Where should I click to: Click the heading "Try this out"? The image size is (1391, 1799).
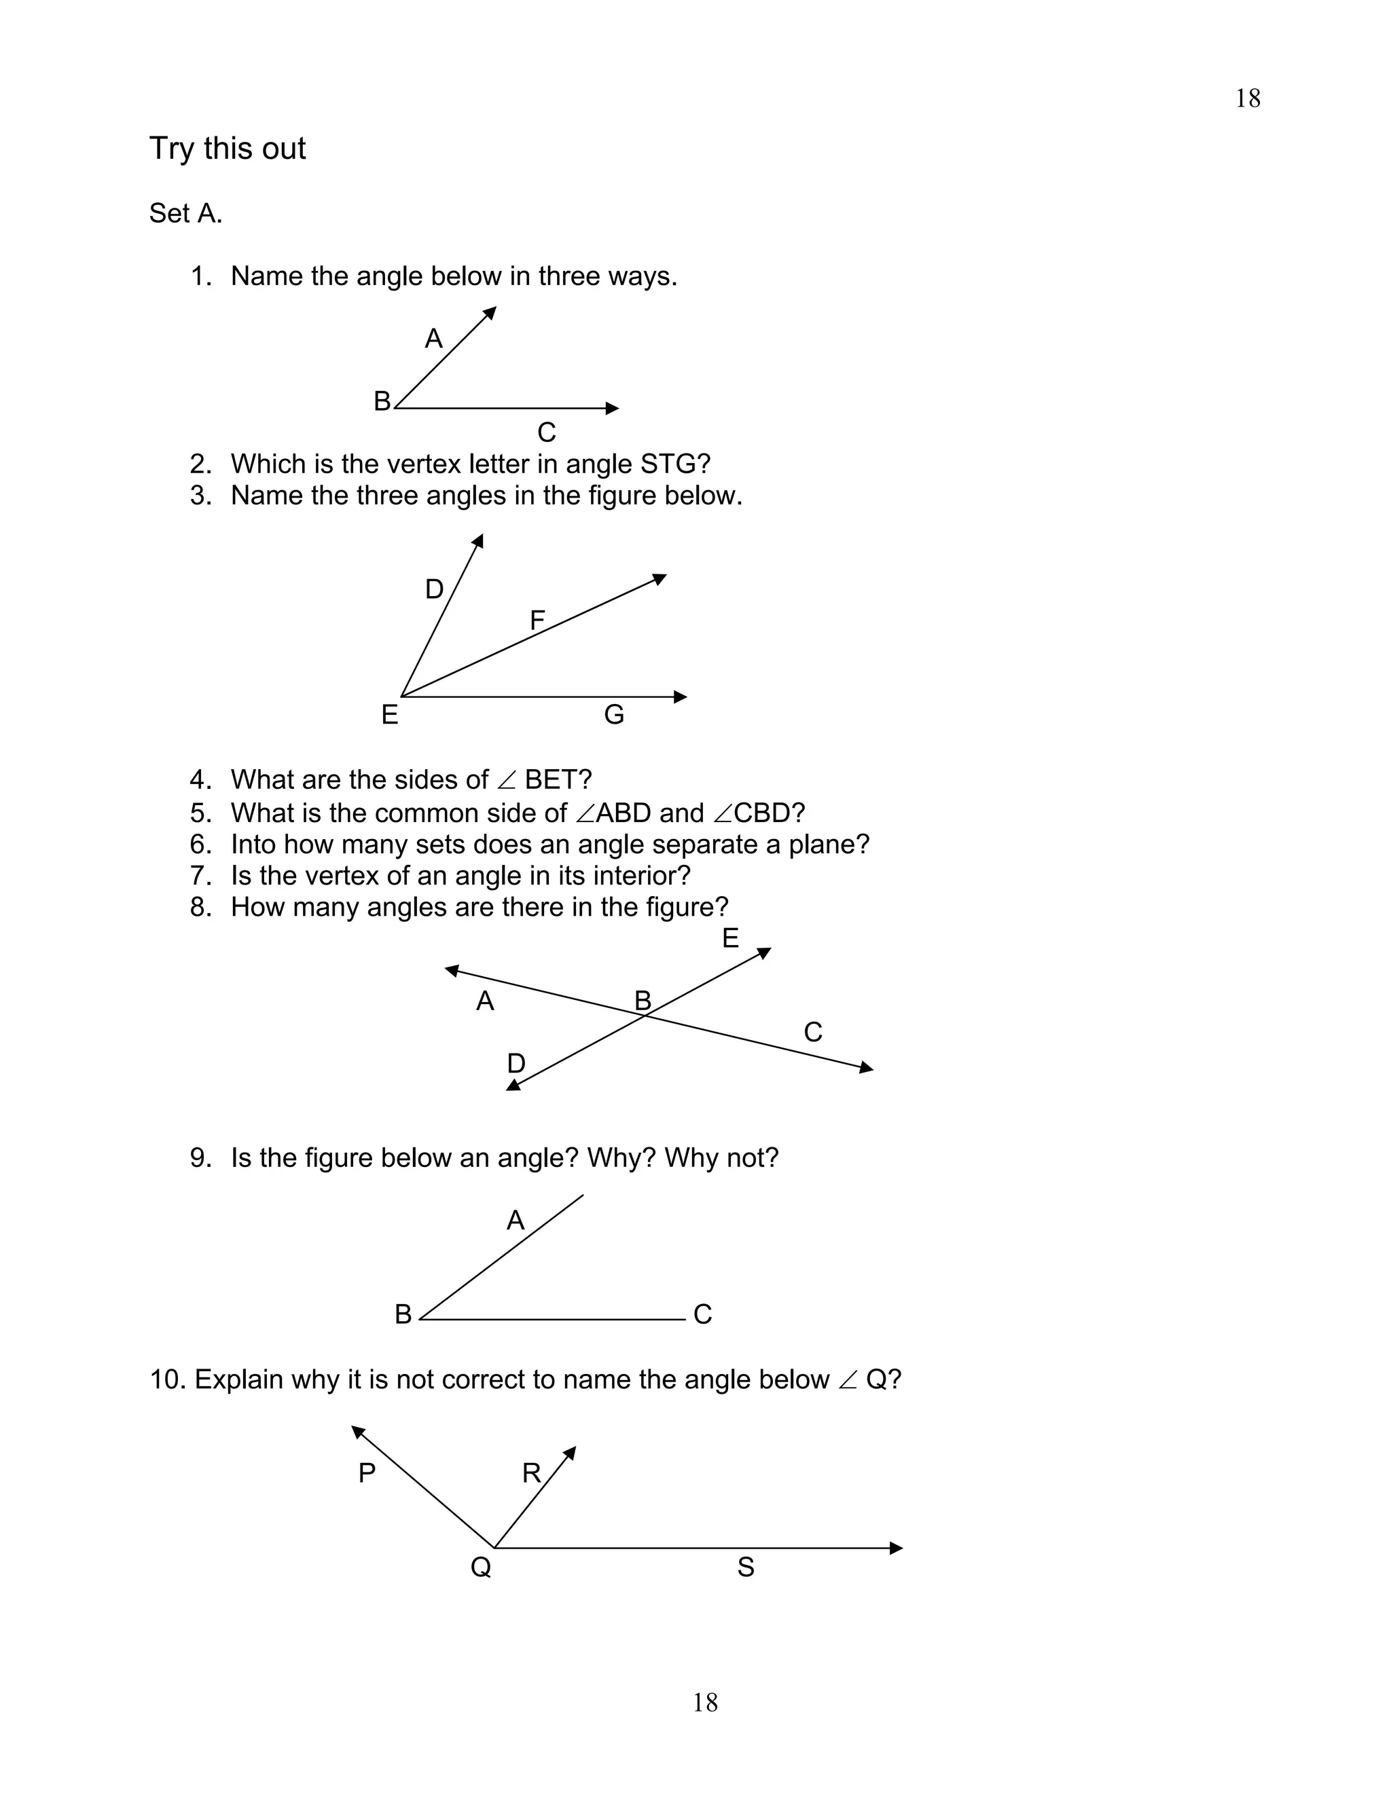point(227,149)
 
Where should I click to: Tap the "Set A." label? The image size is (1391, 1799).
point(185,213)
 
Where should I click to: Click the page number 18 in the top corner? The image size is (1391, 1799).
point(1248,99)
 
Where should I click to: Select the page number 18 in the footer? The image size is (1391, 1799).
point(704,1703)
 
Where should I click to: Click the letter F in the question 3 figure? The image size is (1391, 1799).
point(537,620)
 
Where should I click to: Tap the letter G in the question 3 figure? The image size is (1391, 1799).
point(614,714)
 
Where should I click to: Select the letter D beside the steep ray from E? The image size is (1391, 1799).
point(434,589)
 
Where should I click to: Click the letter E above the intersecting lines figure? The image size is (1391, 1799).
point(730,938)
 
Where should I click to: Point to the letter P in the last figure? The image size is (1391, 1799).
point(367,1473)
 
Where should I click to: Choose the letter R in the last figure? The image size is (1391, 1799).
point(532,1473)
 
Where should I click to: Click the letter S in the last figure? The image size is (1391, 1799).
point(746,1567)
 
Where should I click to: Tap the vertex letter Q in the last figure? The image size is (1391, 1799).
point(480,1567)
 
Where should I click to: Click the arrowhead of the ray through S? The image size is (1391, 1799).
point(897,1548)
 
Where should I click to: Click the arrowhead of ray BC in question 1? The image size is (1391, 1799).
point(612,408)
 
